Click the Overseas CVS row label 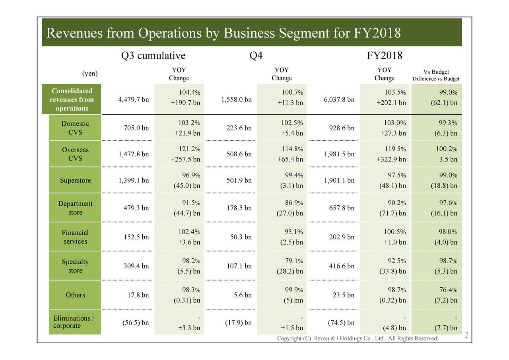click(75, 154)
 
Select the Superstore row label click(75, 181)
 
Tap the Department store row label click(75, 208)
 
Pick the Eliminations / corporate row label click(74, 322)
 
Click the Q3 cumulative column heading click(153, 56)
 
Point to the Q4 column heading click(256, 56)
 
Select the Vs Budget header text click(436, 72)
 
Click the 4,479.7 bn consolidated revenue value click(134, 99)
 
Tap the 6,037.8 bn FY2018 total click(339, 99)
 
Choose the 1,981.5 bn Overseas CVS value click(339, 154)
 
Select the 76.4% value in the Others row click(447, 290)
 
